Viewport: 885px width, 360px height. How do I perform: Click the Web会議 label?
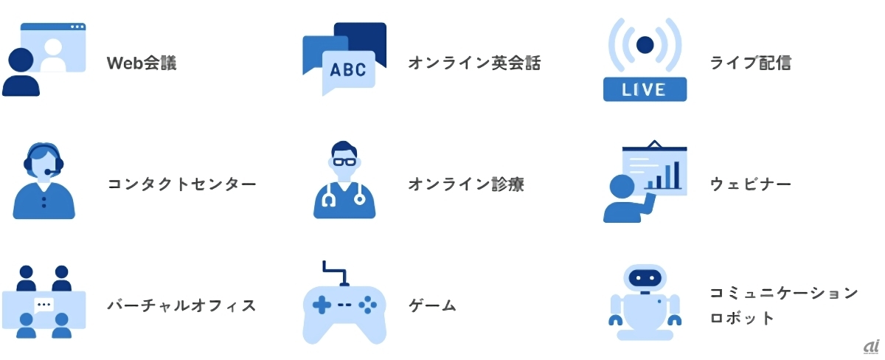(x=142, y=63)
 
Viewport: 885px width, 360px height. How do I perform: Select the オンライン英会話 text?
(x=473, y=63)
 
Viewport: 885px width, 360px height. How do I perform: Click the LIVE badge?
(x=645, y=90)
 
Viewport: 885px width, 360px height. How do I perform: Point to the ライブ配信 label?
(x=751, y=63)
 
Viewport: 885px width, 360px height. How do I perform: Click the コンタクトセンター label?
(x=181, y=184)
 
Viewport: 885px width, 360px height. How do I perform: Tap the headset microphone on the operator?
(x=49, y=172)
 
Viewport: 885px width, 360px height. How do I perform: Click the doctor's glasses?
(x=344, y=161)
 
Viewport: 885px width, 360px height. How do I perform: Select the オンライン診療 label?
(x=466, y=184)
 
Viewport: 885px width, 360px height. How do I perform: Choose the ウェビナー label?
(x=751, y=184)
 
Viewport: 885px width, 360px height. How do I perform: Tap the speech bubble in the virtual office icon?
(x=44, y=304)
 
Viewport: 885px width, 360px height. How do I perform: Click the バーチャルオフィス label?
(x=181, y=305)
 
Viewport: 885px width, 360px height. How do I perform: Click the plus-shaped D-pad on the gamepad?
(x=322, y=303)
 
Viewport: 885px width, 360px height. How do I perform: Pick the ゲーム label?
(x=432, y=305)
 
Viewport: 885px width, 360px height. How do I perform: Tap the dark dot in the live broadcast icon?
(x=645, y=44)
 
